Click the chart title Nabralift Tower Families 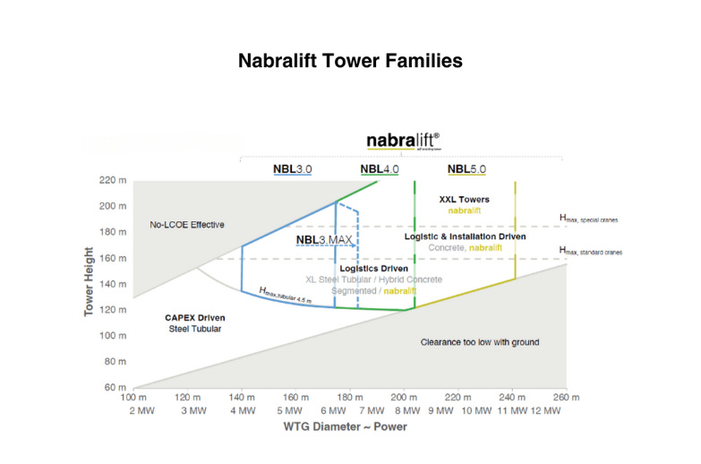tap(350, 62)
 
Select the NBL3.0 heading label tap(292, 168)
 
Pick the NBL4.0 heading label tap(379, 168)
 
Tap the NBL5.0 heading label tap(466, 168)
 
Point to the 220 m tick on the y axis tap(110, 180)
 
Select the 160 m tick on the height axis tap(110, 258)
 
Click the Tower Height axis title tap(89, 283)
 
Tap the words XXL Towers tap(465, 199)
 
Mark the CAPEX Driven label tap(194, 317)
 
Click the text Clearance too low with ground tap(480, 342)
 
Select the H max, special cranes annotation tap(588, 219)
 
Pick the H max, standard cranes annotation tap(590, 251)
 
